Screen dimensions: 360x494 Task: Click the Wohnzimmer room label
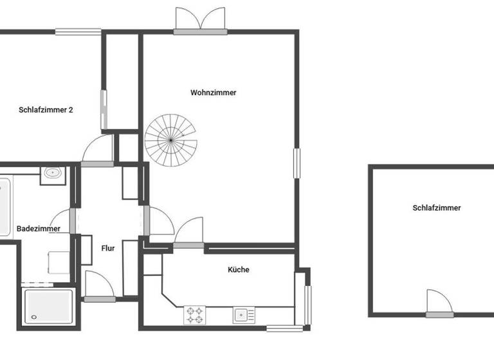tap(213, 93)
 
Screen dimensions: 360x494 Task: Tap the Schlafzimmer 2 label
tap(46, 110)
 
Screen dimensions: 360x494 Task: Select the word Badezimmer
tap(39, 228)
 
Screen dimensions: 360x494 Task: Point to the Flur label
tap(108, 248)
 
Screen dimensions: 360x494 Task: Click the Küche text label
tap(238, 270)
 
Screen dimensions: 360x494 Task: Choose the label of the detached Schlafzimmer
tap(437, 208)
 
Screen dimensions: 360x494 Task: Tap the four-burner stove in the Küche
tap(195, 315)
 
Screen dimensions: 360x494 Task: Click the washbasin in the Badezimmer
tap(53, 174)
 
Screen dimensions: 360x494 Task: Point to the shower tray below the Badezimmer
tap(48, 307)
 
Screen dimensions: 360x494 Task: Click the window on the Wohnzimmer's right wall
tap(297, 163)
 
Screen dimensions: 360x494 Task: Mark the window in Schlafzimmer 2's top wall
tap(78, 31)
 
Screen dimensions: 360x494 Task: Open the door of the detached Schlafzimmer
tap(439, 305)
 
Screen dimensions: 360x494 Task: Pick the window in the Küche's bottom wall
tap(284, 328)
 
